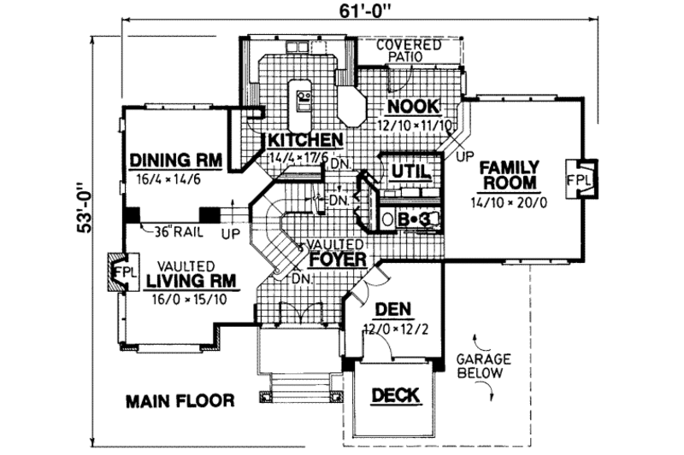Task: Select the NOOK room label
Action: (412, 107)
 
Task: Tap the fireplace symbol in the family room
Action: (583, 181)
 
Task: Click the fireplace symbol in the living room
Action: (116, 272)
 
